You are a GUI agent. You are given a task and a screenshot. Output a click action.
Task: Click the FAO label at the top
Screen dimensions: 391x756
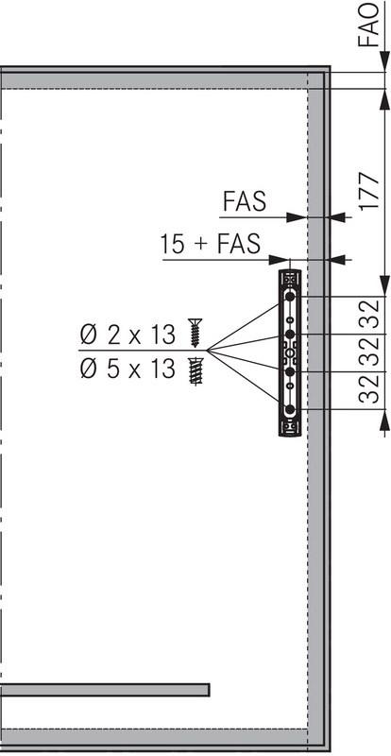368,26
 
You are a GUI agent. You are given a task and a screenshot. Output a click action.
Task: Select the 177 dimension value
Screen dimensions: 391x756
369,190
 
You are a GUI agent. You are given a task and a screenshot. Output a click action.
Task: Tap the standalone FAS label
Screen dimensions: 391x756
245,201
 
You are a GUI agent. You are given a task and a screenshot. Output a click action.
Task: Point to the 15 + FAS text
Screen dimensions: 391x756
211,244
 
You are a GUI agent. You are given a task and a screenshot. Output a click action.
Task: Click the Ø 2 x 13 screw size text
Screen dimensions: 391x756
127,335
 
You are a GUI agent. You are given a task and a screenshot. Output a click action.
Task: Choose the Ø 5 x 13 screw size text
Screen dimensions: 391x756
127,369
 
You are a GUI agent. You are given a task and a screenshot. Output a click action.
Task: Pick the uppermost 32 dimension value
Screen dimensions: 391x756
369,314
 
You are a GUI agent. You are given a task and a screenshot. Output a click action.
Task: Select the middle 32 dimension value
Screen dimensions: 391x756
369,352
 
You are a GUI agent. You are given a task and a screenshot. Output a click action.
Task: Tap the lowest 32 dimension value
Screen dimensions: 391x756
369,389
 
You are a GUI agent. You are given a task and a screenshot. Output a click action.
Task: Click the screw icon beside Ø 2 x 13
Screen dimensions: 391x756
195,333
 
